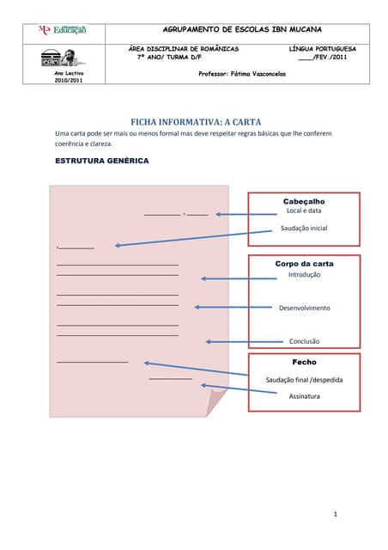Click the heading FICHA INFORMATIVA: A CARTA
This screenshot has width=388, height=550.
coord(195,122)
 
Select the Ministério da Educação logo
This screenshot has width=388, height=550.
coord(63,30)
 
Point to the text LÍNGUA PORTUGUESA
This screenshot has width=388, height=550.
coord(322,49)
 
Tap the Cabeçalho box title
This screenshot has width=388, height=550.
coord(304,201)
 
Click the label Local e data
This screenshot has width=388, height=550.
coord(304,211)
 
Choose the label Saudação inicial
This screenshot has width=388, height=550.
coord(304,228)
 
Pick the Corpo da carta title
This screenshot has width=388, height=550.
coord(304,264)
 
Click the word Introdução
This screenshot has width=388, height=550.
coord(304,274)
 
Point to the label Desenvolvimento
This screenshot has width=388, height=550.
coord(304,308)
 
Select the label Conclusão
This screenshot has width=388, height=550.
coord(304,341)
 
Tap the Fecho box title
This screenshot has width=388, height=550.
coord(304,363)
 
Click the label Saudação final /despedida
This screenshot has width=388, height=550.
coord(304,379)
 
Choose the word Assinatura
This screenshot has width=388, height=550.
coord(304,396)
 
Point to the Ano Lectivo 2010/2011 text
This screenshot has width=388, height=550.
coord(69,77)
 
